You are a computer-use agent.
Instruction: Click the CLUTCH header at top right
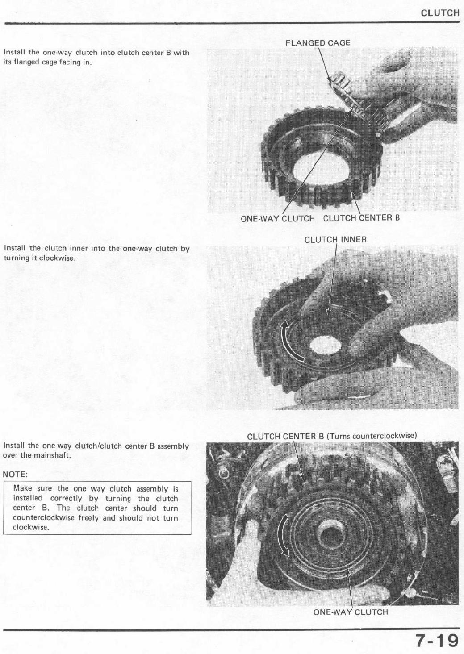click(440, 13)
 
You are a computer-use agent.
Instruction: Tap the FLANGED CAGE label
click(318, 43)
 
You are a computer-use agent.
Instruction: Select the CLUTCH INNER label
click(335, 240)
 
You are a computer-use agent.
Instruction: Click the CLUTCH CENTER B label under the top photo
click(361, 218)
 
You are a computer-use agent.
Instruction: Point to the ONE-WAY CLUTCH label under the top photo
click(278, 218)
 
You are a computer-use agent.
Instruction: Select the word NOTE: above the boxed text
click(15, 475)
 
